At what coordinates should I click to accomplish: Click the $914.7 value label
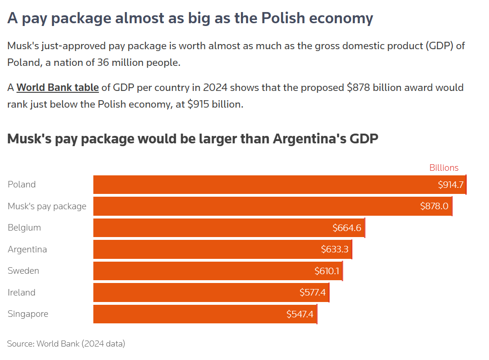(x=450, y=185)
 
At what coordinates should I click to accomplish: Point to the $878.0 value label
(x=434, y=206)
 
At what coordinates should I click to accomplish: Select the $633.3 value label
(x=334, y=249)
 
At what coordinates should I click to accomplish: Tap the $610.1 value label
(x=327, y=271)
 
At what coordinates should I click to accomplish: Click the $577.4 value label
(x=313, y=293)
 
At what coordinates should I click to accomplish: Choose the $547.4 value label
(x=300, y=314)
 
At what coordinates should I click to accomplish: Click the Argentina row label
(x=27, y=250)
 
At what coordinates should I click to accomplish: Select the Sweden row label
(x=23, y=271)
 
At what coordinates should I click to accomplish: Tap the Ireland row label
(x=21, y=293)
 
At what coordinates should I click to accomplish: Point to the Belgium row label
(x=24, y=228)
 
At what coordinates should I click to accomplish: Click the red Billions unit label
(x=443, y=168)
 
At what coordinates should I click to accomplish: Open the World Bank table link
(x=58, y=88)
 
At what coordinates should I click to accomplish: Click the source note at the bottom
(x=66, y=344)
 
